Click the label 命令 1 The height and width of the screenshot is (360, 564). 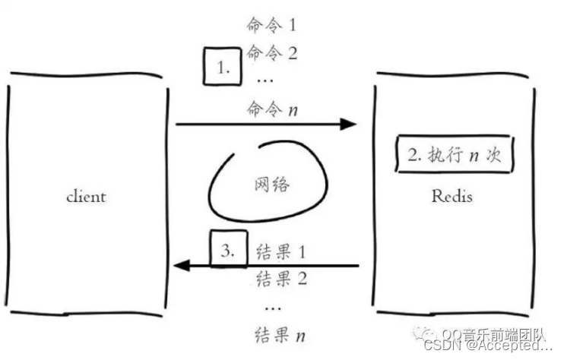[x=271, y=25]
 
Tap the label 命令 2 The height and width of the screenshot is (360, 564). [x=271, y=53]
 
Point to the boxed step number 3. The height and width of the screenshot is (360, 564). [x=228, y=248]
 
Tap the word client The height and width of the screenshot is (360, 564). [x=86, y=197]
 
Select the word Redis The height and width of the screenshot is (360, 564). [x=452, y=197]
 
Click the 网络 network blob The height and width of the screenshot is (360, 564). [x=271, y=185]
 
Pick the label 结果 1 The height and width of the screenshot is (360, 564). [x=282, y=251]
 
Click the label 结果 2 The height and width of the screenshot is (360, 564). [x=281, y=278]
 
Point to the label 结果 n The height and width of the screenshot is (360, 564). [x=282, y=334]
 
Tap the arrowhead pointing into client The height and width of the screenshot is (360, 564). [x=181, y=265]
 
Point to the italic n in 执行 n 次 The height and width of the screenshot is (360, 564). [x=473, y=156]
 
